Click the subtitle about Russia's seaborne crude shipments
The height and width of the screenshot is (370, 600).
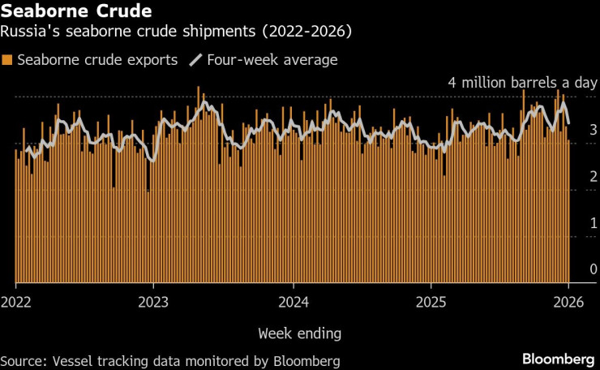point(181,33)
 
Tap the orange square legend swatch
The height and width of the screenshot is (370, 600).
point(7,60)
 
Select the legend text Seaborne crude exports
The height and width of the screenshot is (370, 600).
point(96,60)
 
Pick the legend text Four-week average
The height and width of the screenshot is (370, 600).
point(272,60)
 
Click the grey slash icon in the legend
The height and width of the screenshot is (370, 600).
point(195,60)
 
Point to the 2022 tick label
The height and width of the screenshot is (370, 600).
point(16,302)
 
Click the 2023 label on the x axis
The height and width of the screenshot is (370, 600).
point(154,302)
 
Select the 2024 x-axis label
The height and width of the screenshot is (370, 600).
point(293,302)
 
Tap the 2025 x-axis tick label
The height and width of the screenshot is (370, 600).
point(431,302)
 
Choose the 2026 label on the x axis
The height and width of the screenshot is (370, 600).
point(568,302)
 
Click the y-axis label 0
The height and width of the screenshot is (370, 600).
point(594,269)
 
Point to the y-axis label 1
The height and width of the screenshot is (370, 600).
point(594,223)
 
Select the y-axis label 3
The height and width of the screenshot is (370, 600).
point(594,130)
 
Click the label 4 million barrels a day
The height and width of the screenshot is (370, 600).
point(523,83)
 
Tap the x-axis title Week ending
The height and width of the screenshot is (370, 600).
point(299,333)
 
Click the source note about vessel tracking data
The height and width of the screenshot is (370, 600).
point(169,360)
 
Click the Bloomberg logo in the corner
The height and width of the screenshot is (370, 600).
point(559,359)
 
